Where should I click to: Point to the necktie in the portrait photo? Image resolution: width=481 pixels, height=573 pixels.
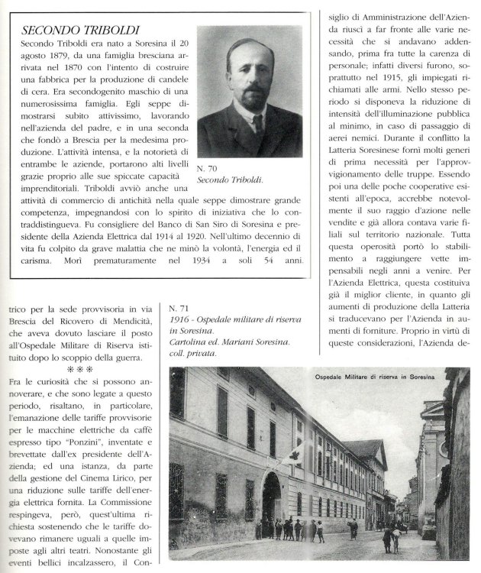[250, 122]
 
